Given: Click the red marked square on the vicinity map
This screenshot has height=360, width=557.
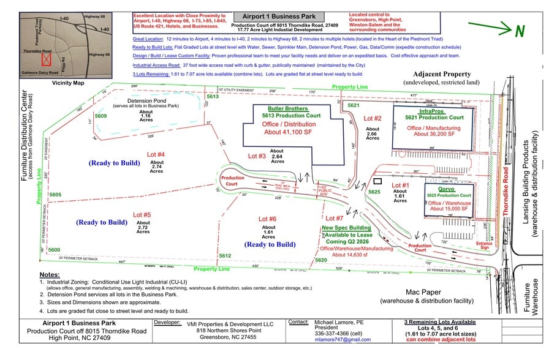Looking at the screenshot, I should click(x=45, y=59).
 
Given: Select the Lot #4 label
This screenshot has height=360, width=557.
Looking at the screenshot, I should click(x=156, y=154).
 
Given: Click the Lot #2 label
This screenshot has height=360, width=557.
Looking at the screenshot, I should click(x=373, y=118).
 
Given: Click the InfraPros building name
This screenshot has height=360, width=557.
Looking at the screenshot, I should click(x=427, y=111).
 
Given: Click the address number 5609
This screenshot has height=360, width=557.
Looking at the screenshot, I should click(x=100, y=115).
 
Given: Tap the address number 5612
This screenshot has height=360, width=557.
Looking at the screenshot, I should click(x=225, y=255).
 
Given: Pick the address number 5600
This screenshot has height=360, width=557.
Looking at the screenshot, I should click(x=54, y=250).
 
